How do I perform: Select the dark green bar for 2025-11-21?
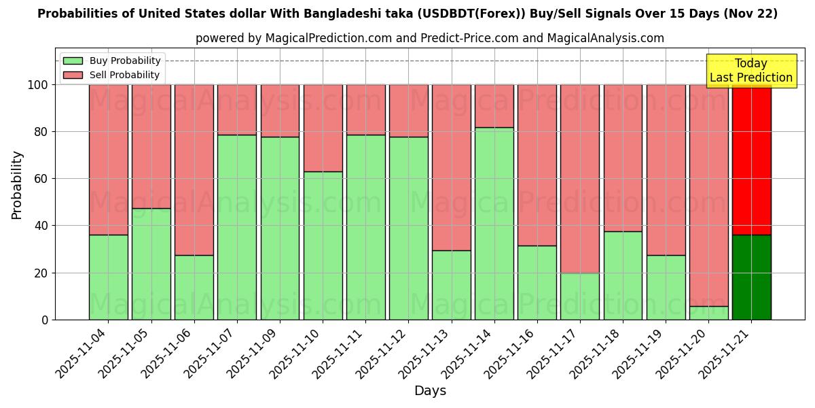point(752,277)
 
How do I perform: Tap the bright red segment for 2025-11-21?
point(752,160)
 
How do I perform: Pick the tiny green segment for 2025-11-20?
point(709,313)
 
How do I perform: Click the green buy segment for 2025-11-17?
point(580,296)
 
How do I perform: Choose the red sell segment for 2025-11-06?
point(194,170)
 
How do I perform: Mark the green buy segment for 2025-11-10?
point(323,245)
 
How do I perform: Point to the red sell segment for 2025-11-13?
point(452,167)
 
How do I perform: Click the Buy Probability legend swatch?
point(73,61)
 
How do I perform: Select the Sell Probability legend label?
point(124,75)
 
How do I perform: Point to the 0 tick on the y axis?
point(45,320)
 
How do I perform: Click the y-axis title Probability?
point(17,185)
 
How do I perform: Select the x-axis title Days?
point(430,391)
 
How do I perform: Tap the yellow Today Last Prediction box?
point(751,71)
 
